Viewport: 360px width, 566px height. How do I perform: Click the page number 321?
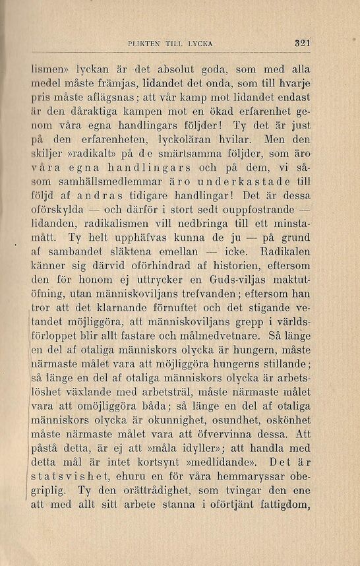[303, 44]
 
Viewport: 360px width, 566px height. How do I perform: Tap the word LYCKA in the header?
[197, 44]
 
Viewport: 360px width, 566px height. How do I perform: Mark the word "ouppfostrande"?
[265, 211]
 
